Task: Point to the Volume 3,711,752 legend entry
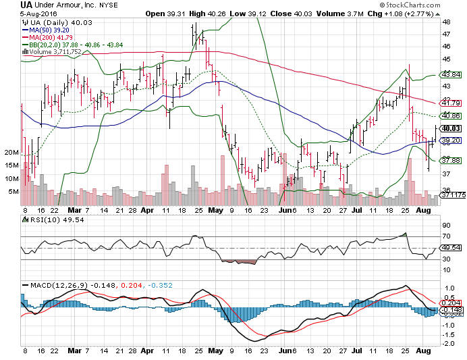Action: pos(54,51)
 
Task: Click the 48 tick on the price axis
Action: pos(445,21)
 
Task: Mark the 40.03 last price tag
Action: pos(450,128)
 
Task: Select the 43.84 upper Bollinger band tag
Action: pos(450,75)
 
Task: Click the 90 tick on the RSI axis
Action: pos(445,225)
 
